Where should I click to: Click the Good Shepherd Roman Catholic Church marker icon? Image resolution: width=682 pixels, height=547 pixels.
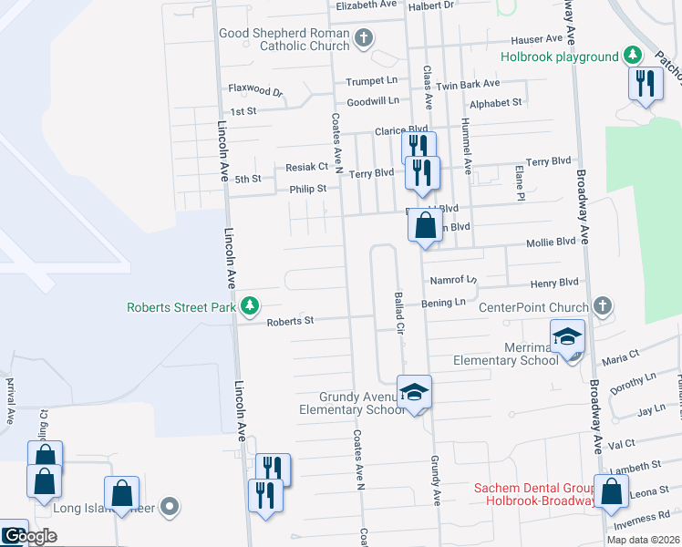point(364,38)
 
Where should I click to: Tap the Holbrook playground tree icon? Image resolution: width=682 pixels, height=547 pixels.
point(632,56)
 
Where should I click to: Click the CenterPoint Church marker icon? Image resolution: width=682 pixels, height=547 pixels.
point(601,306)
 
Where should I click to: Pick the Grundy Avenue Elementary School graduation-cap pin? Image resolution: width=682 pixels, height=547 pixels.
point(414,392)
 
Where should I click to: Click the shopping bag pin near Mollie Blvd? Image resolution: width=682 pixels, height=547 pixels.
point(425,224)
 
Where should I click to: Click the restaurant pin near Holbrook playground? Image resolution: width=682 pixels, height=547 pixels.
point(646,84)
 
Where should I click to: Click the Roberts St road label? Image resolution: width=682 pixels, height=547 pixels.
point(290,321)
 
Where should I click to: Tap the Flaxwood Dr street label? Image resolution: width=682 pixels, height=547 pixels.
point(256,91)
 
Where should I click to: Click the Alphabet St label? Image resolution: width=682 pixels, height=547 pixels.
point(497,103)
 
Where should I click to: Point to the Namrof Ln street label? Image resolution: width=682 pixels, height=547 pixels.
point(453,281)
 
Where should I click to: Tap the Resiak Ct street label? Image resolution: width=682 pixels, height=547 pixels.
point(306,167)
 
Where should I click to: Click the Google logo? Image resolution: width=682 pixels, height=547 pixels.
point(30,536)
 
